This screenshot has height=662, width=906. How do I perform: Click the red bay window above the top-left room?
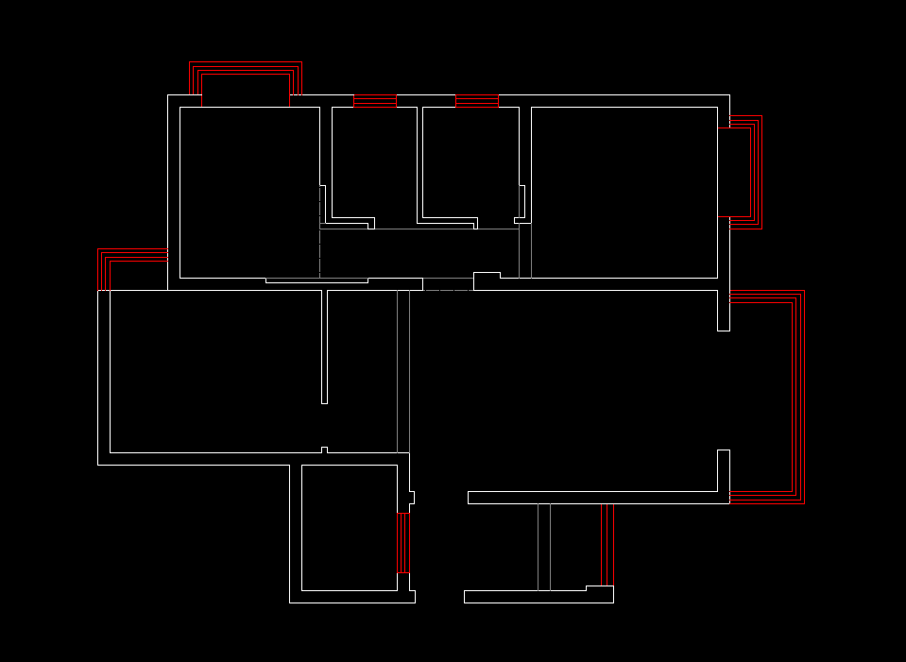pyautogui.click(x=246, y=69)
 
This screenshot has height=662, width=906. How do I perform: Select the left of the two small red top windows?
pyautogui.click(x=374, y=98)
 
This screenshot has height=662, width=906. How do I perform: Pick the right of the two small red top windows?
pyautogui.click(x=476, y=98)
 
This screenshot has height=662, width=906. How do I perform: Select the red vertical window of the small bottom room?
pyautogui.click(x=402, y=543)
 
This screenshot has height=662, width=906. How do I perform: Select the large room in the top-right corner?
pyautogui.click(x=624, y=189)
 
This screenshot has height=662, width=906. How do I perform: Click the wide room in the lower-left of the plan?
pyautogui.click(x=217, y=373)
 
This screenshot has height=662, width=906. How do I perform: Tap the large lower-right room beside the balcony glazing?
pyautogui.click(x=567, y=387)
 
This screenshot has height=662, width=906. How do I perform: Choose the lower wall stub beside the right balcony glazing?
pyautogui.click(x=724, y=470)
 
